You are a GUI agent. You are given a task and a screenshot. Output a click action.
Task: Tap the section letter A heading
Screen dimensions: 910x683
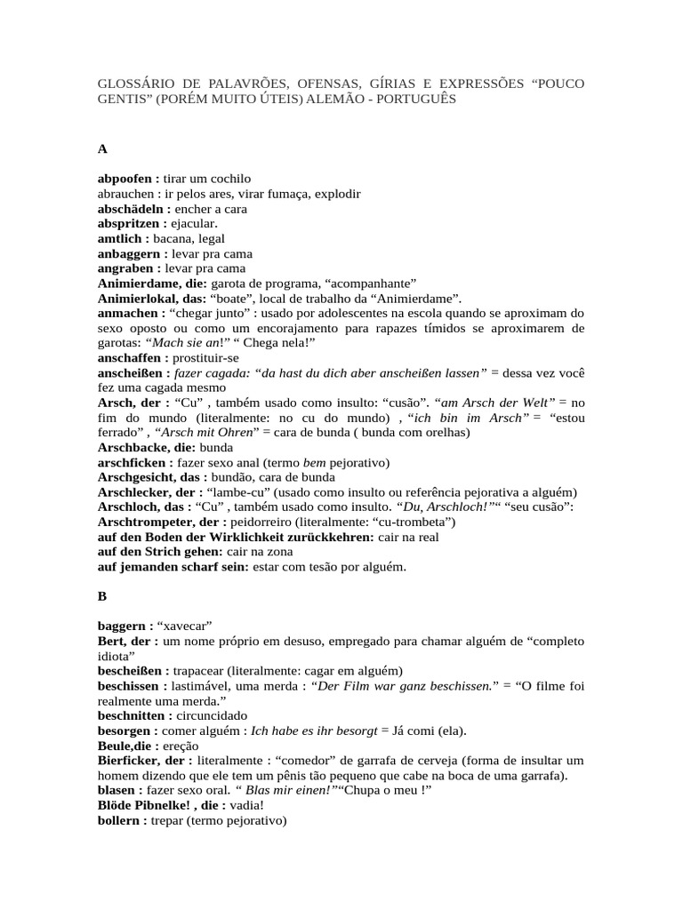click(102, 148)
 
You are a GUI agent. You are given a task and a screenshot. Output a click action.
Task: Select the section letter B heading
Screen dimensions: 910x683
click(102, 596)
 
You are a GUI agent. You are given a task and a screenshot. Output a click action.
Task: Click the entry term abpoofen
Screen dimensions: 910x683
click(125, 179)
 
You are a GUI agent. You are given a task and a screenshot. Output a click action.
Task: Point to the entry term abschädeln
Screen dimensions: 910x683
click(130, 209)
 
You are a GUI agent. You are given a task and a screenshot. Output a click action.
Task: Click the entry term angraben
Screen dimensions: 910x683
click(127, 268)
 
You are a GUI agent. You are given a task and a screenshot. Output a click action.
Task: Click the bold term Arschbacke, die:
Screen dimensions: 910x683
click(146, 447)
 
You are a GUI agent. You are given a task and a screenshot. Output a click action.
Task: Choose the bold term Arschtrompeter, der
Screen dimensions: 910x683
click(163, 522)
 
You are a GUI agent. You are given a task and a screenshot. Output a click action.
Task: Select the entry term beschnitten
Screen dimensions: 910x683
click(134, 715)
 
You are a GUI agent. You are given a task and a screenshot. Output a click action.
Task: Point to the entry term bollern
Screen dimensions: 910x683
click(120, 821)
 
